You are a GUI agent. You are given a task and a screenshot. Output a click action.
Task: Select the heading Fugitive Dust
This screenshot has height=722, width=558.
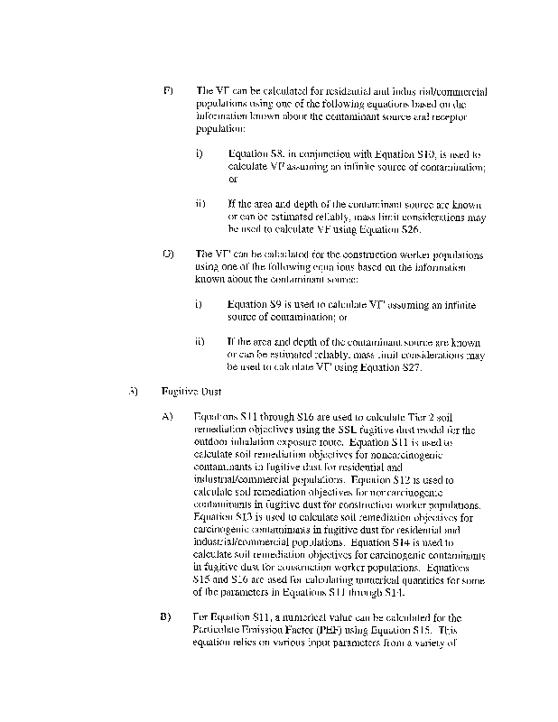pyautogui.click(x=187, y=392)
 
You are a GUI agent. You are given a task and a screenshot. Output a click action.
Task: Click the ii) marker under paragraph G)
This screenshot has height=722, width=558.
pyautogui.click(x=200, y=342)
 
